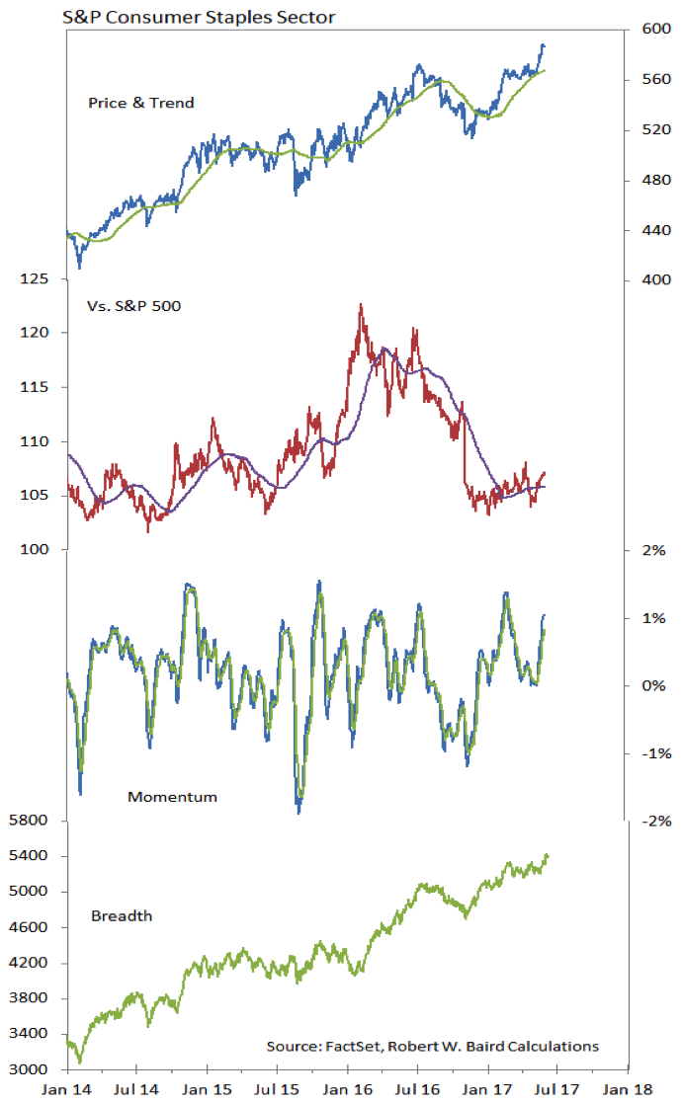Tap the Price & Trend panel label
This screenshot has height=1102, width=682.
141,103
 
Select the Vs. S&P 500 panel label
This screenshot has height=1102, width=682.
133,305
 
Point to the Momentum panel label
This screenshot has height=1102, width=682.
172,796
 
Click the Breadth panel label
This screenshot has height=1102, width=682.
122,915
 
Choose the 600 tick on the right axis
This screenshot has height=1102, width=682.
655,30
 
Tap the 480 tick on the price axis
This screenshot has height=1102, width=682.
655,181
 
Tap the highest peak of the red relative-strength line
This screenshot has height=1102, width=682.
361,304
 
